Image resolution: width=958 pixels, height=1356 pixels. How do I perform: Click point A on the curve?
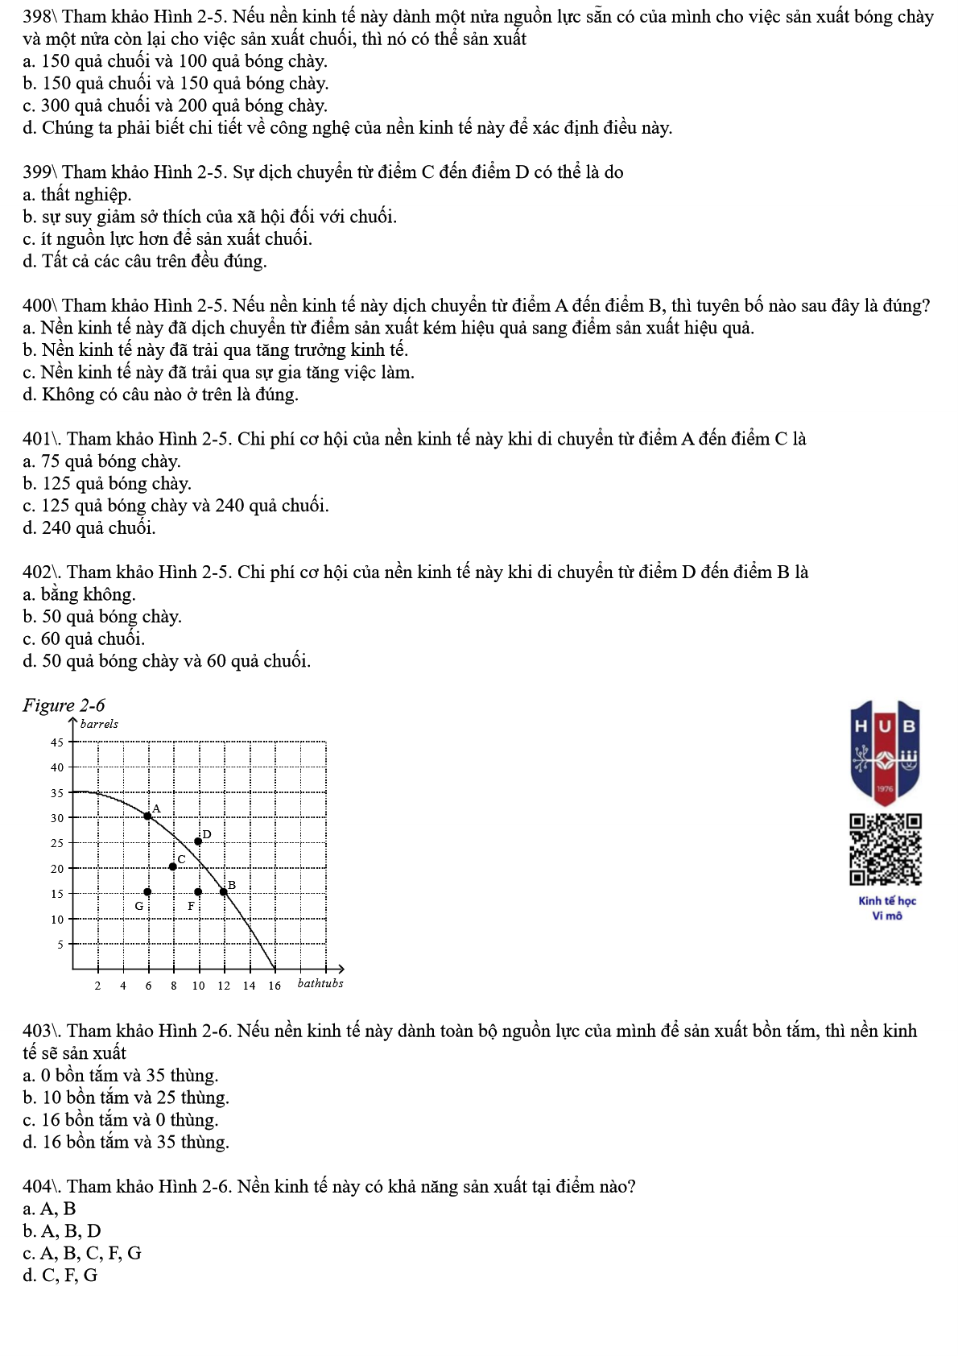point(147,816)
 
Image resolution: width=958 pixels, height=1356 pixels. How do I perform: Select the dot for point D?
point(198,841)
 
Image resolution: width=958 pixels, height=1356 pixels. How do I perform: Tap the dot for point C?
point(173,866)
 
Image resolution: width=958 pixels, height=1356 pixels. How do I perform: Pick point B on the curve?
point(224,891)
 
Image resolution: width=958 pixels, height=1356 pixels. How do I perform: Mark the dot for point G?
point(147,891)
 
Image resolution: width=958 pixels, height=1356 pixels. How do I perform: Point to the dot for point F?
point(198,891)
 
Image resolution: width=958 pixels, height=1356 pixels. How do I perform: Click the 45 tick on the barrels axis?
point(57,742)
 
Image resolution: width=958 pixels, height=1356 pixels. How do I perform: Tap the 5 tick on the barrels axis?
point(60,944)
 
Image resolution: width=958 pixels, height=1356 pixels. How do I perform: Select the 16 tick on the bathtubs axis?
point(275,986)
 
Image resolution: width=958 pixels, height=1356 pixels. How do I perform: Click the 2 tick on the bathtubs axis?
point(97,986)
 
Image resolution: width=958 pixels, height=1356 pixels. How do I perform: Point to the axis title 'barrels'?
point(99,724)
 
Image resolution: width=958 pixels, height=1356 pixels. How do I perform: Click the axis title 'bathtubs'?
point(320,983)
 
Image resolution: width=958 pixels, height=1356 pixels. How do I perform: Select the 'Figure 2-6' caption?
point(64,705)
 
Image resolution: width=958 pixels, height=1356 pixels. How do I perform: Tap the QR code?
point(885,850)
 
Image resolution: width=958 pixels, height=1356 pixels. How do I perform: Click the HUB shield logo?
point(885,751)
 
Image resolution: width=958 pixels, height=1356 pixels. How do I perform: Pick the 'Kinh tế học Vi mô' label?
point(886,908)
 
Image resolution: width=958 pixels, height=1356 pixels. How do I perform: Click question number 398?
point(38,17)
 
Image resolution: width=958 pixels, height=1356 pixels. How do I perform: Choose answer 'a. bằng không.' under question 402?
point(80,594)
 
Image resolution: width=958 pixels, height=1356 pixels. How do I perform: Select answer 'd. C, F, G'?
point(60,1275)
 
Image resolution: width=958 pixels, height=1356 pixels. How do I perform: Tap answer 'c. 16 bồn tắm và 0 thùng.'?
point(121,1119)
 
